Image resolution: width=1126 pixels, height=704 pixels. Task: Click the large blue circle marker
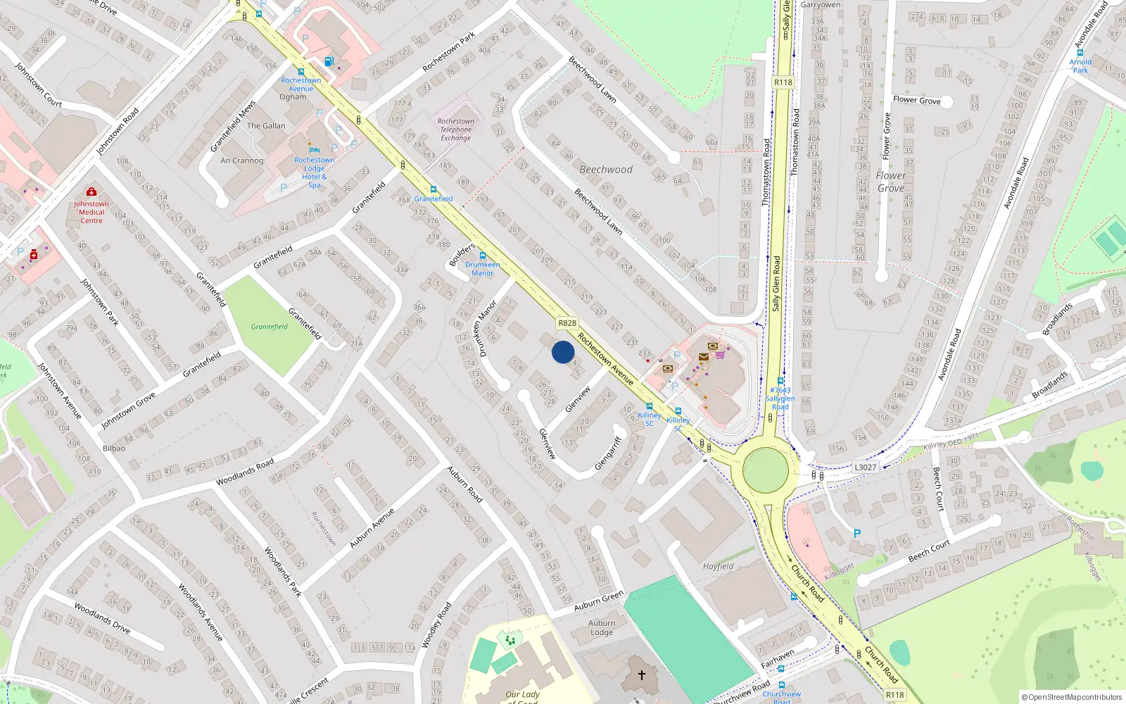[x=563, y=352]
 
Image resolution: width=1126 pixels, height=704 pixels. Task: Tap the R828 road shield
[x=567, y=323]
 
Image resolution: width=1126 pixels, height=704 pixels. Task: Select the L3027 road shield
[x=865, y=467]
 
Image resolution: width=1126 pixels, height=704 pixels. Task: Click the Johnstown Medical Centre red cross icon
[x=91, y=191]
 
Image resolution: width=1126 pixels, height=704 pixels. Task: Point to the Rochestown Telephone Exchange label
[x=456, y=130]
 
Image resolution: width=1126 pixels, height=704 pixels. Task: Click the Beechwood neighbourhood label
[x=606, y=170]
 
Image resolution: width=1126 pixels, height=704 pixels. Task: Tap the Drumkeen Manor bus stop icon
[x=482, y=256]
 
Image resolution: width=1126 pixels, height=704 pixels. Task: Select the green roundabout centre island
[x=765, y=468]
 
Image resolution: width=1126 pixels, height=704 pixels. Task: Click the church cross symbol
[x=642, y=674]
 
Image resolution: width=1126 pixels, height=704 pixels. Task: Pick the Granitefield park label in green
[x=270, y=327]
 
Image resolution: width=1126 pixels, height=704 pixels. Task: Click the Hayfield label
[x=718, y=566]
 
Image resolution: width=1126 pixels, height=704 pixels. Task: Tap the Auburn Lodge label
[x=602, y=627]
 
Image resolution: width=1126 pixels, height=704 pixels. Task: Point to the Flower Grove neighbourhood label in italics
[x=891, y=182]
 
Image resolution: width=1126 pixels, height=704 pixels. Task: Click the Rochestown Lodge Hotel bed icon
[x=314, y=150]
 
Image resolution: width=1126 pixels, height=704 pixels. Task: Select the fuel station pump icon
[x=329, y=61]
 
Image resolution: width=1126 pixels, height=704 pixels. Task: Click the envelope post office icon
[x=703, y=357]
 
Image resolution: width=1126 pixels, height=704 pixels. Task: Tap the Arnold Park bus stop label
[x=1080, y=66]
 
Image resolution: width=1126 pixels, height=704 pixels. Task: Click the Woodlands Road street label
[x=245, y=472]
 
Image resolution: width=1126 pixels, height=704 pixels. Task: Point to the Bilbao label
[x=114, y=448]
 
